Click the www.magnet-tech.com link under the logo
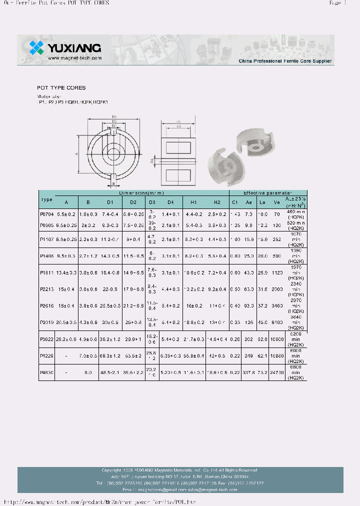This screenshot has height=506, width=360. (x=75, y=58)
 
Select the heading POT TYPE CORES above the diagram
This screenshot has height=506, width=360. (x=61, y=87)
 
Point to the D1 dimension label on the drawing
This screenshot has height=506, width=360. (x=114, y=116)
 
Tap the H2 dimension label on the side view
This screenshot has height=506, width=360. (x=178, y=127)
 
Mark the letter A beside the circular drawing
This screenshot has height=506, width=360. (x=77, y=154)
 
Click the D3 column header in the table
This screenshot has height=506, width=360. (x=152, y=202)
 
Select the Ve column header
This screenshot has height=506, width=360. (x=277, y=202)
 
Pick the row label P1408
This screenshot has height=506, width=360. (x=46, y=255)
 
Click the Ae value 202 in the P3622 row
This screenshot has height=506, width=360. (x=248, y=339)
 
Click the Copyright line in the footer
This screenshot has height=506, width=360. (x=179, y=470)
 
